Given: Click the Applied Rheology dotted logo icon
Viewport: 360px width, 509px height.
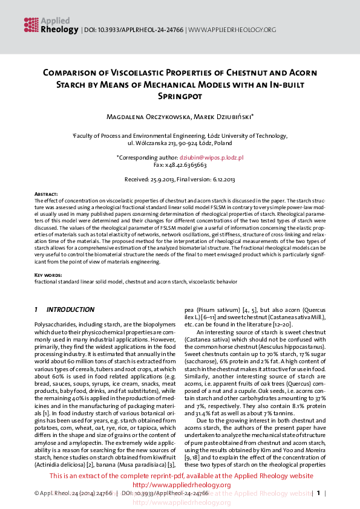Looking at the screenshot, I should coord(31,24).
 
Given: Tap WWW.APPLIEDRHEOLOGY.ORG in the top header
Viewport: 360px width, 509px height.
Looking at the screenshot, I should coord(232,30).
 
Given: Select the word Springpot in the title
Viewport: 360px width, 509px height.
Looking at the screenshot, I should coord(180,96).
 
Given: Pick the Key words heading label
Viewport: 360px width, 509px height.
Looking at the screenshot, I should coord(48,276).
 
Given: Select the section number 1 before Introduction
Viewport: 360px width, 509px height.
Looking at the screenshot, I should coord(37,310).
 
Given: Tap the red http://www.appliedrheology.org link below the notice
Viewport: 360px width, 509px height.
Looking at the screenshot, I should coord(181,485).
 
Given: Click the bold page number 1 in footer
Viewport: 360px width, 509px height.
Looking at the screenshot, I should coord(318,493).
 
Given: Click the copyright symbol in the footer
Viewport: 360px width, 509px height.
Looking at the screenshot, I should coord(36,493).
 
